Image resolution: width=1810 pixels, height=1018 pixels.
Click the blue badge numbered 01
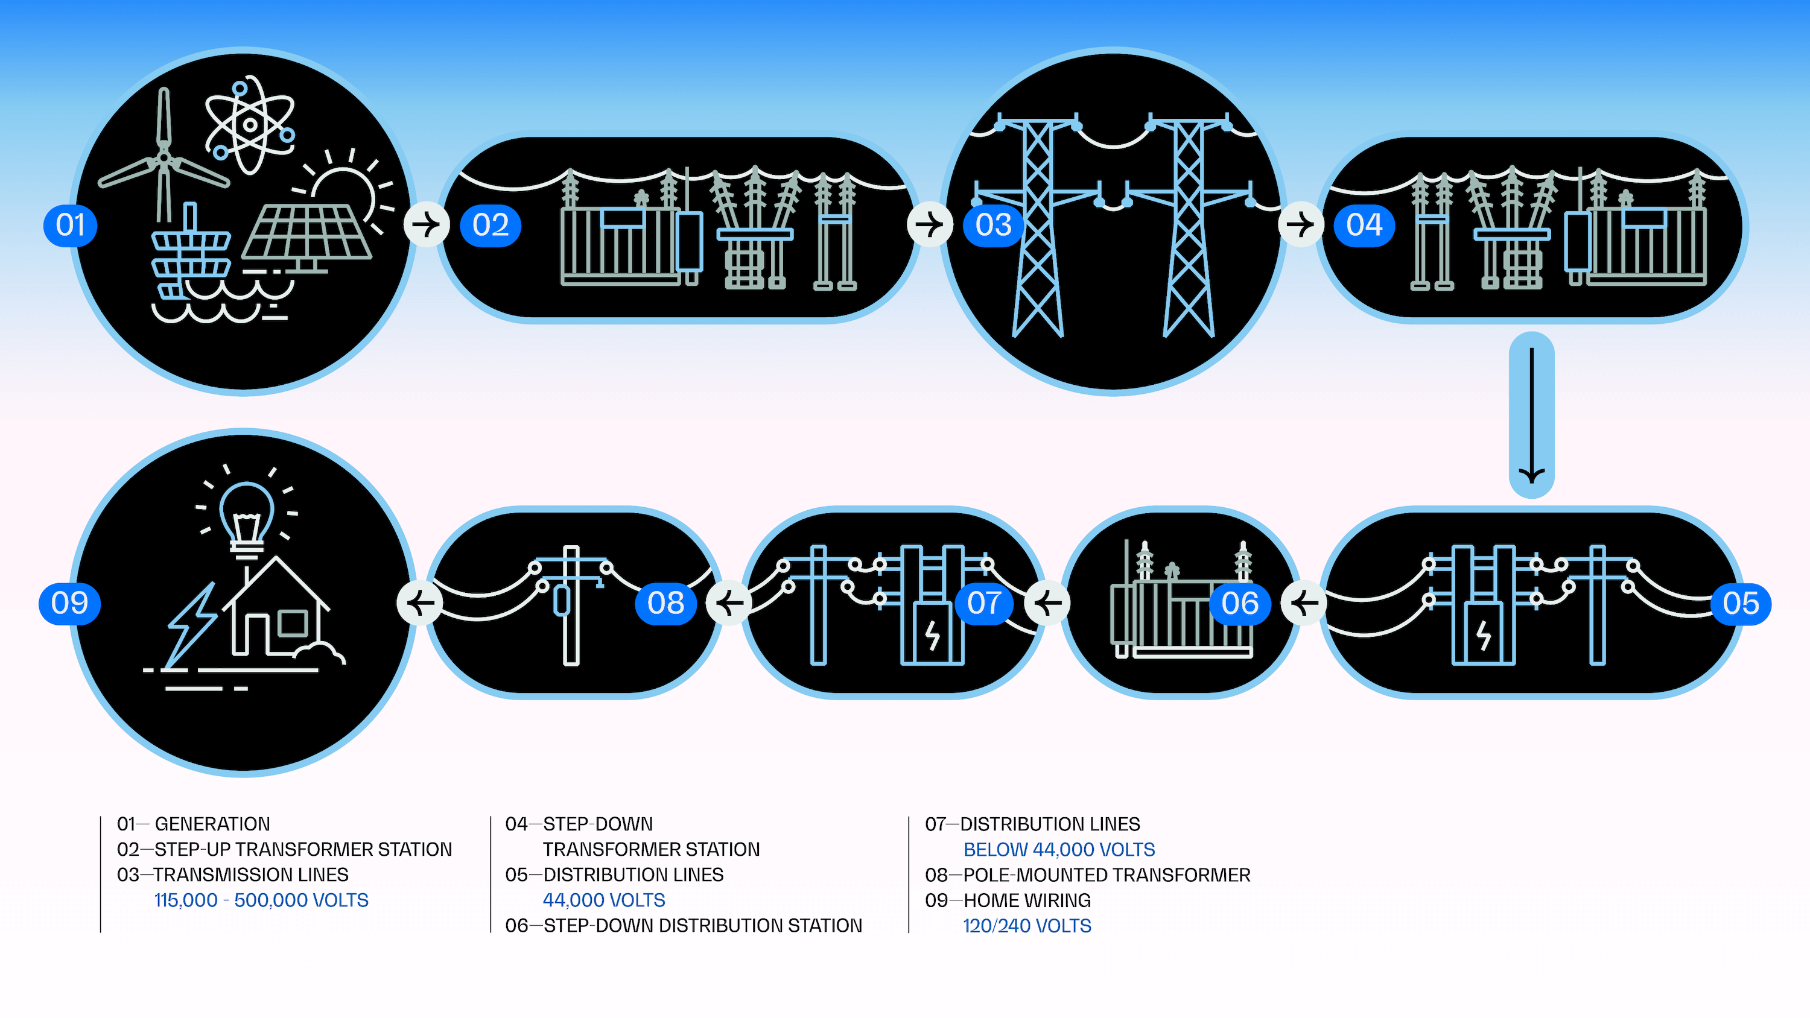click(70, 226)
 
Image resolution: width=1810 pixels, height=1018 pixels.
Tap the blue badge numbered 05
click(1741, 604)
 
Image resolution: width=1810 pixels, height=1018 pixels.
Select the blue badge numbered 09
click(69, 604)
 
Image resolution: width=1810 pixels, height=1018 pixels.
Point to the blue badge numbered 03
click(993, 226)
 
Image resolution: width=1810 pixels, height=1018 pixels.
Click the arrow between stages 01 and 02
click(426, 225)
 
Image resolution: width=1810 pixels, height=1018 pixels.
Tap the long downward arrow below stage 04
click(1531, 415)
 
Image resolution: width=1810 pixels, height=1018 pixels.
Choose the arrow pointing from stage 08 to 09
click(420, 603)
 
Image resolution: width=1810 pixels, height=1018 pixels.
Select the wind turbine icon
click(164, 158)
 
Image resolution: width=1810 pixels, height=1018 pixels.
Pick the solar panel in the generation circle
click(307, 232)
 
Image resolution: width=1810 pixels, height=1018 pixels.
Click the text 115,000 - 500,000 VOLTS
click(261, 900)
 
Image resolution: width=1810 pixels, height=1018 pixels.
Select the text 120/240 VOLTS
click(1026, 926)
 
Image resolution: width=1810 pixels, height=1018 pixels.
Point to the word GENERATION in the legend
click(212, 824)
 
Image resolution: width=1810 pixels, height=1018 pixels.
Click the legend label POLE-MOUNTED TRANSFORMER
click(1107, 874)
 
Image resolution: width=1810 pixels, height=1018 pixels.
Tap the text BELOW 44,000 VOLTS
click(1059, 849)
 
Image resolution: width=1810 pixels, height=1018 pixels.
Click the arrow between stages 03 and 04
click(1300, 225)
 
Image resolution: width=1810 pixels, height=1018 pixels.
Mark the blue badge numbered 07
click(983, 604)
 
